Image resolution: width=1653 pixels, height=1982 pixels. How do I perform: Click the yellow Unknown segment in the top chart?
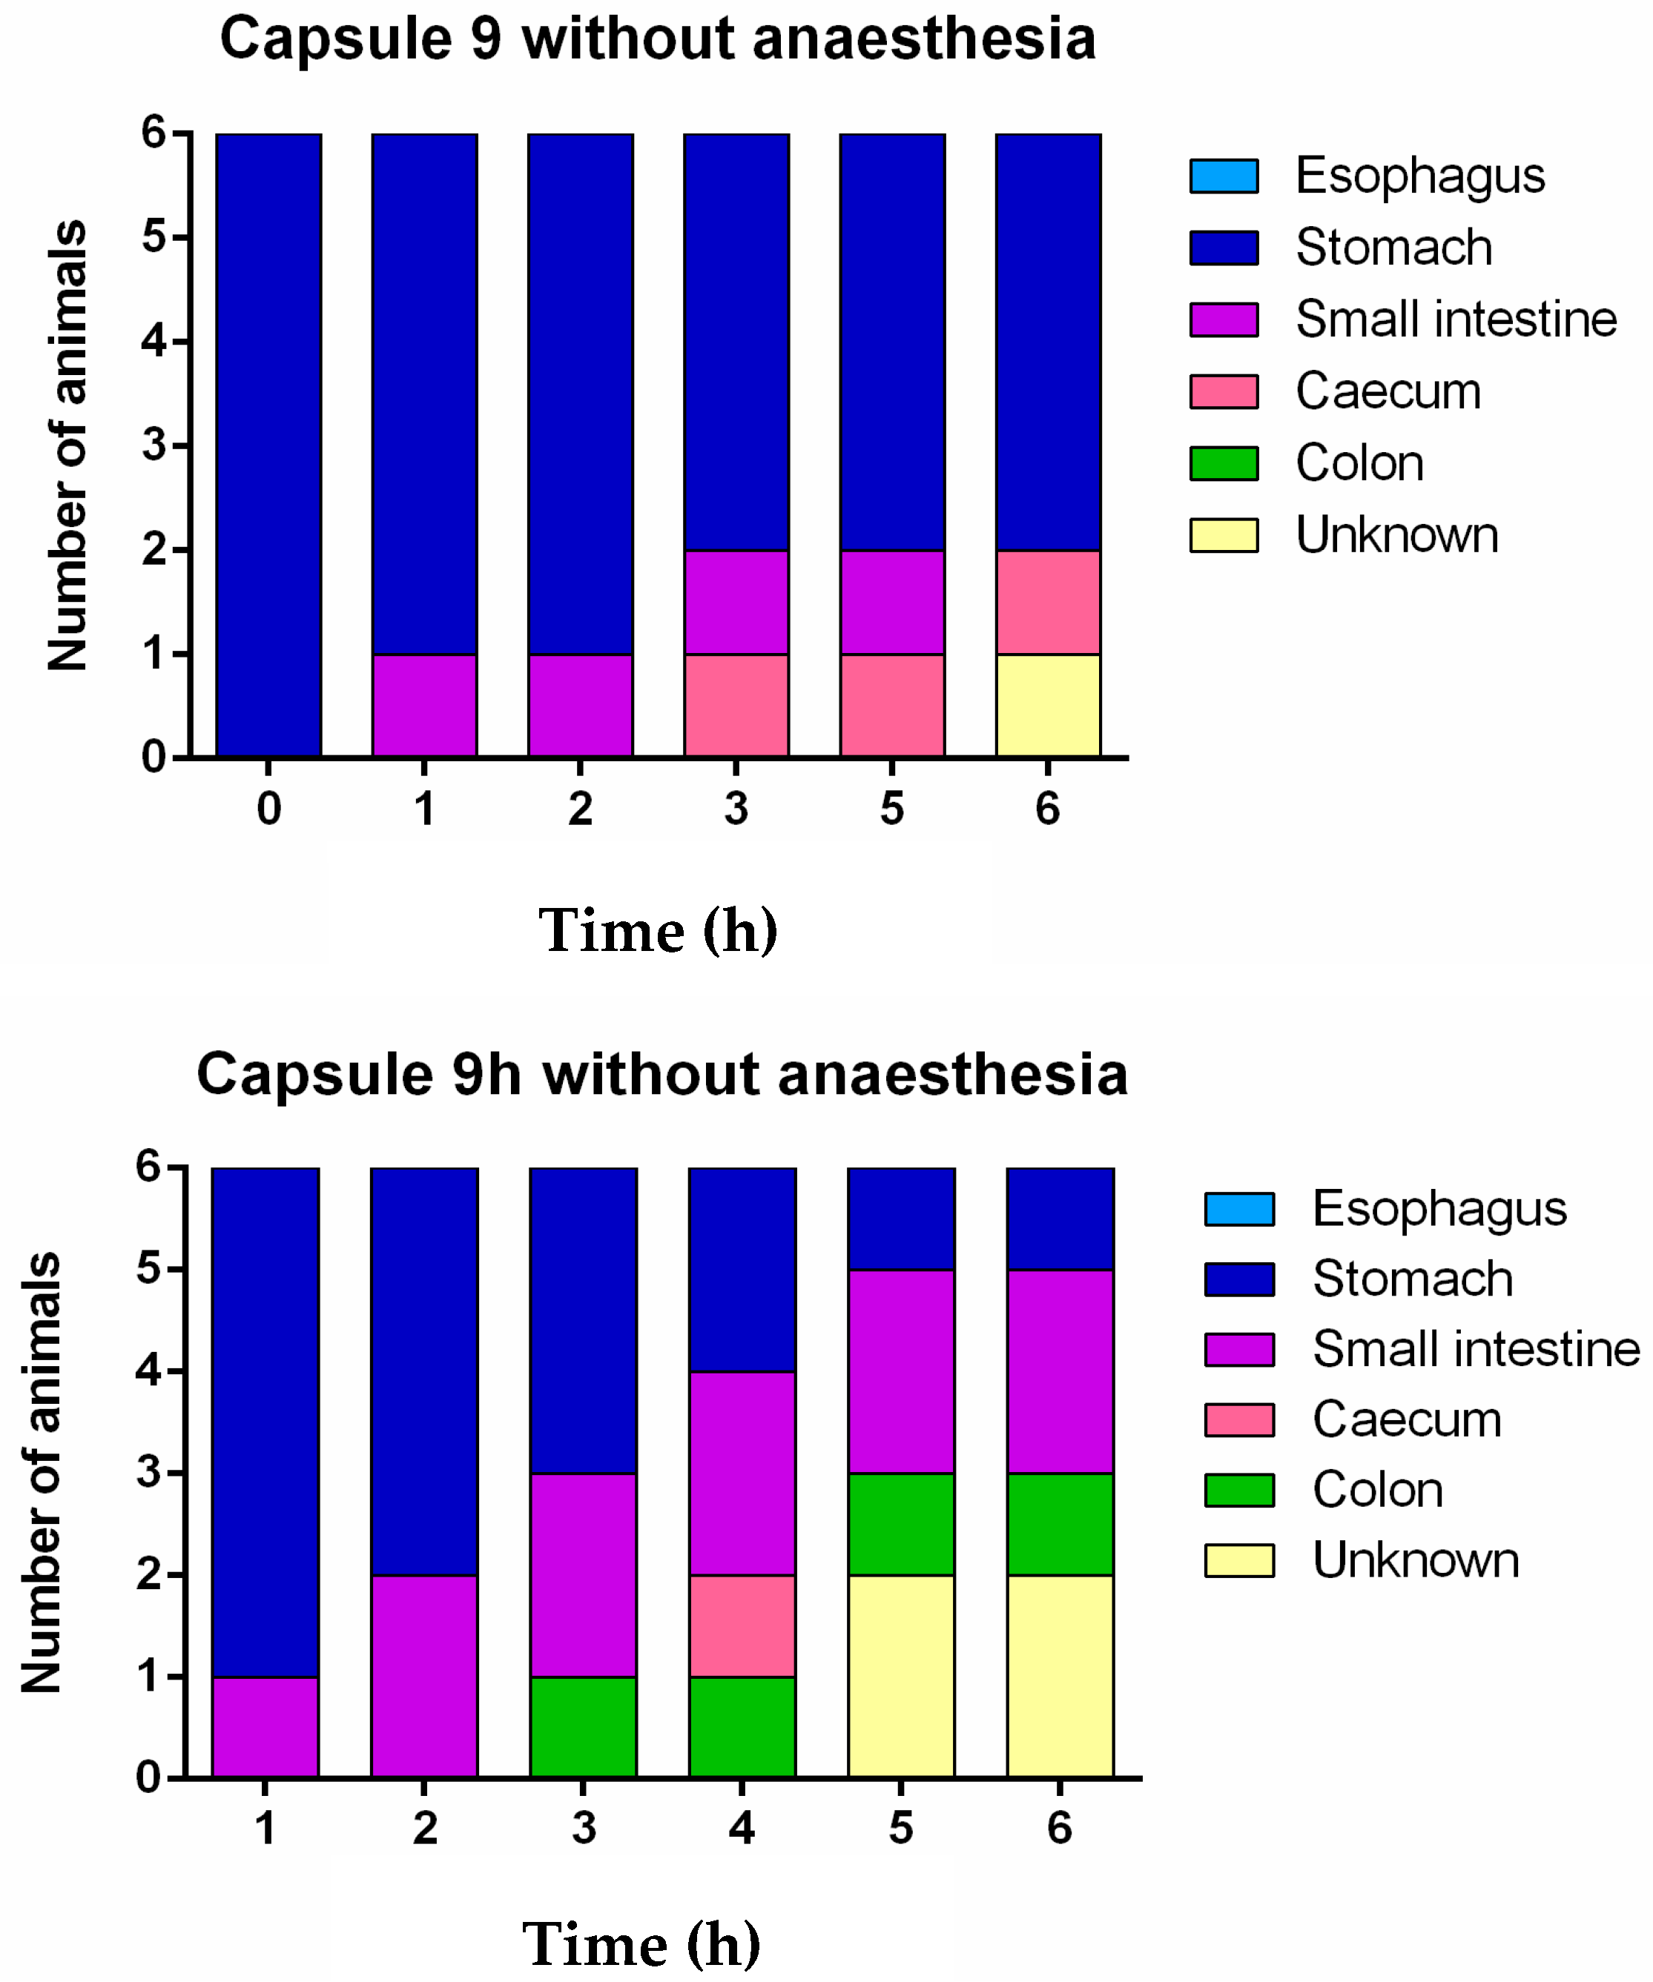pyautogui.click(x=1048, y=705)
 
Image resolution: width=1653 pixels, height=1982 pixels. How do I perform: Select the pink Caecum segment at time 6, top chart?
pyautogui.click(x=1048, y=602)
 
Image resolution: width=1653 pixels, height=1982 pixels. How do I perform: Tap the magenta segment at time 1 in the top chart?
pyautogui.click(x=424, y=705)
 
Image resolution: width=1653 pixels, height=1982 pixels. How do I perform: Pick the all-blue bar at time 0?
pyautogui.click(x=269, y=443)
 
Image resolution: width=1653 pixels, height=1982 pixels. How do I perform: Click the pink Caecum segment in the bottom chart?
pyautogui.click(x=742, y=1625)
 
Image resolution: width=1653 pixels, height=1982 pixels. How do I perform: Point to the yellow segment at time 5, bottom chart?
pyautogui.click(x=900, y=1676)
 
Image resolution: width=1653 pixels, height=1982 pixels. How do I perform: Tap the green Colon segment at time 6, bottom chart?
pyautogui.click(x=1060, y=1523)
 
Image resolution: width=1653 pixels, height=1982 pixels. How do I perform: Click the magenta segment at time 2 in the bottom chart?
pyautogui.click(x=424, y=1676)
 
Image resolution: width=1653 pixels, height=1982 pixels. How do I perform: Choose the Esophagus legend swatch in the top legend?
pyautogui.click(x=1224, y=176)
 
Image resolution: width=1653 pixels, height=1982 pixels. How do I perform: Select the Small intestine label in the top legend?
pyautogui.click(x=1456, y=319)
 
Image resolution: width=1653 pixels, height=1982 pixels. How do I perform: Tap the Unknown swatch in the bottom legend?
pyautogui.click(x=1238, y=1560)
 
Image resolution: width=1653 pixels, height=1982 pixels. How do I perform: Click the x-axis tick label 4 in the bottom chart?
pyautogui.click(x=742, y=1828)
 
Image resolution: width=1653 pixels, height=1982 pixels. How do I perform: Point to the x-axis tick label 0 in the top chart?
pyautogui.click(x=269, y=808)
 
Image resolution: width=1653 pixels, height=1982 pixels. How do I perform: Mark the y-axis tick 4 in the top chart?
pyautogui.click(x=154, y=341)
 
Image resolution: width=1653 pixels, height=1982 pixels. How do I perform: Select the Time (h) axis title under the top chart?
pyautogui.click(x=658, y=931)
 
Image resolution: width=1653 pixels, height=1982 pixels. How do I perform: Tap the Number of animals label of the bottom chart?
pyautogui.click(x=42, y=1472)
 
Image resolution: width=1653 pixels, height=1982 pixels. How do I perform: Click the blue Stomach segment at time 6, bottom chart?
pyautogui.click(x=1060, y=1219)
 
